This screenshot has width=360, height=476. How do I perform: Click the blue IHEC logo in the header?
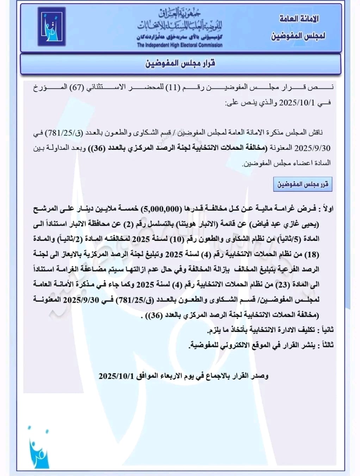coord(51,26)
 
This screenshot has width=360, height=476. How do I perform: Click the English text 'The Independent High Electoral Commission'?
coord(180,45)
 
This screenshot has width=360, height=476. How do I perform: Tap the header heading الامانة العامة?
coord(299,19)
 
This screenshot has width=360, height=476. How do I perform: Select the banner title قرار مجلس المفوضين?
coord(180,63)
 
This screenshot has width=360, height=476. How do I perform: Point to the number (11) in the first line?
coord(173,87)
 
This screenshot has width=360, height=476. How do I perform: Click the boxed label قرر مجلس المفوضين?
coord(303,184)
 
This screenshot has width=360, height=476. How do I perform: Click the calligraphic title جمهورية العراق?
coord(180,13)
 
